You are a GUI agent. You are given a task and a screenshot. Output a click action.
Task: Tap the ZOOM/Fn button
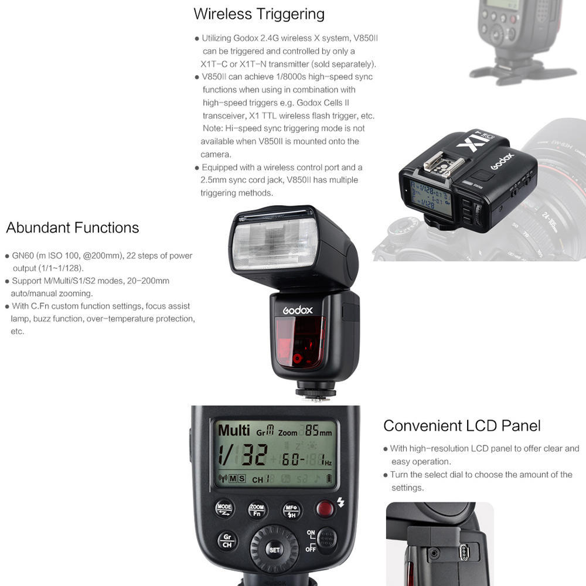(257, 510)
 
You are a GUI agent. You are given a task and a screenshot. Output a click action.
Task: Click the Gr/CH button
(227, 540)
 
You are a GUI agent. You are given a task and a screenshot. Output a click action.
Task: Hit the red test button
(325, 508)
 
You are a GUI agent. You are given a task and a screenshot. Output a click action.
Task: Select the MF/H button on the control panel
(291, 510)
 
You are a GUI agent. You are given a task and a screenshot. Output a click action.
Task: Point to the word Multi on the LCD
(234, 430)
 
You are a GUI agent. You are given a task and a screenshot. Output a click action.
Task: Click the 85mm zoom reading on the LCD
(318, 432)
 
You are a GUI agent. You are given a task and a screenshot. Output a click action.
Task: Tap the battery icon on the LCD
(328, 479)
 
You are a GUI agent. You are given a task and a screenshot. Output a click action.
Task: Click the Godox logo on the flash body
(298, 310)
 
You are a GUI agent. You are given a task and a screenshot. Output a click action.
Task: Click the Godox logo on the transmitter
(502, 161)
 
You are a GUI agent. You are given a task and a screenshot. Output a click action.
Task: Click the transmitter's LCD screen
(431, 198)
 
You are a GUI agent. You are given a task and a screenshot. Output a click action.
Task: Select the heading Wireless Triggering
(259, 13)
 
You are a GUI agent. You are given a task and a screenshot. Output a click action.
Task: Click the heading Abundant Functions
(73, 227)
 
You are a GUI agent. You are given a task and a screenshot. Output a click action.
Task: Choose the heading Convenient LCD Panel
(462, 425)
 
